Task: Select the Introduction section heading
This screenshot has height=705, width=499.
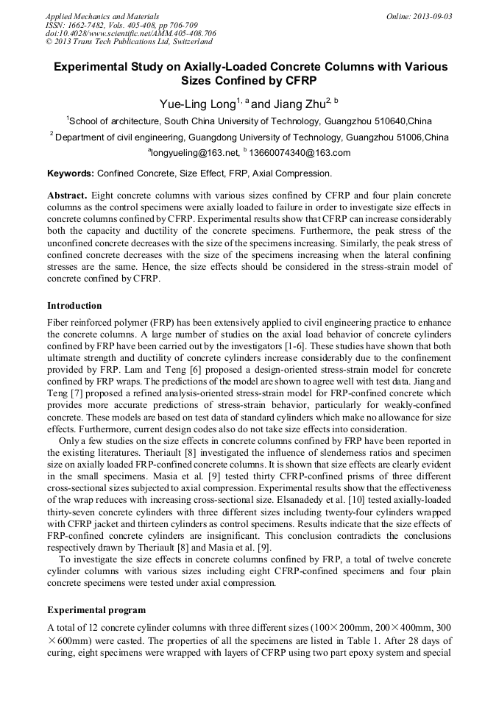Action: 74,305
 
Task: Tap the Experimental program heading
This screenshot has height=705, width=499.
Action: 96,609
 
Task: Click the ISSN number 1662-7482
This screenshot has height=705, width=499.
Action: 91,25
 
